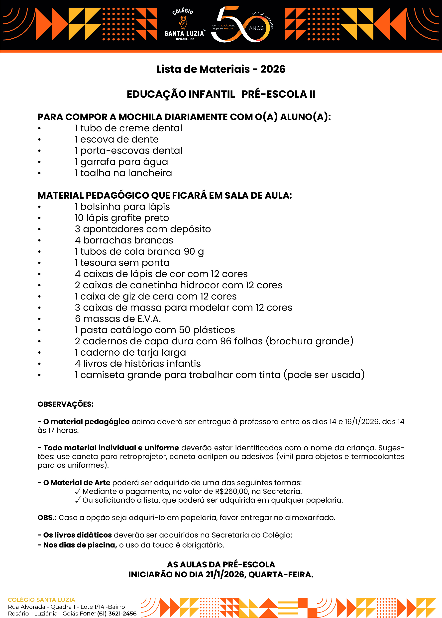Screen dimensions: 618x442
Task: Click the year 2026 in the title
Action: (273, 69)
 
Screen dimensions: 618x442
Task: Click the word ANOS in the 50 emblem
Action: (256, 28)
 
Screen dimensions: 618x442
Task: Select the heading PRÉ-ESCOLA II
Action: (278, 94)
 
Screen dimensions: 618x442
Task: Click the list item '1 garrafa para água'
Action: (121, 162)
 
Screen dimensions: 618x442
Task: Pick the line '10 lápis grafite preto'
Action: (122, 218)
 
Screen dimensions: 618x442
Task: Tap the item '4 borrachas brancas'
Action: (124, 240)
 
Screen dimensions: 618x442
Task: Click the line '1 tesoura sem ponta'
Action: (122, 263)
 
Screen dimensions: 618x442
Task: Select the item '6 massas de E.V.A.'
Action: (118, 319)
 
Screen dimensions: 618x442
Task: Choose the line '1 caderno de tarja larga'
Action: (130, 353)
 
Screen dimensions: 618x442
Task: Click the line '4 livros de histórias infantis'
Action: (138, 364)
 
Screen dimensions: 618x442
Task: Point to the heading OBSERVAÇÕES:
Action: (66, 404)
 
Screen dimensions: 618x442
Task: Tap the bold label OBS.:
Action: (47, 518)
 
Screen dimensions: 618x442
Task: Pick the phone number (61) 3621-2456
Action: (117, 614)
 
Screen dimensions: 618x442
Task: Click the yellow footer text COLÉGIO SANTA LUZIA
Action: (41, 600)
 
